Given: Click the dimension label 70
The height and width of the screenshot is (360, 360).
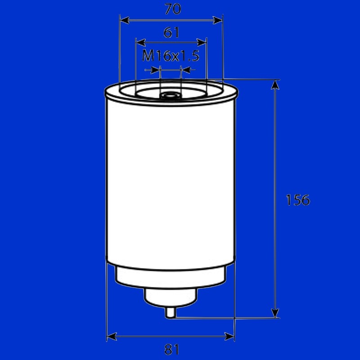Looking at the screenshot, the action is click(x=173, y=9).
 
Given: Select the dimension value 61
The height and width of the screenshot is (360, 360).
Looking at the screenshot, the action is click(x=171, y=32).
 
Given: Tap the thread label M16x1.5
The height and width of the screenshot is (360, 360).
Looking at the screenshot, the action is click(x=171, y=55).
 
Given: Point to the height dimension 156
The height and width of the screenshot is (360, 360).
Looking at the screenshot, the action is click(x=298, y=200).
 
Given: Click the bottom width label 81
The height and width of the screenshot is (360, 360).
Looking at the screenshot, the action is click(x=172, y=350).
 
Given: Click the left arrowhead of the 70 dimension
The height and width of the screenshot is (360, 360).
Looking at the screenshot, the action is click(x=125, y=20).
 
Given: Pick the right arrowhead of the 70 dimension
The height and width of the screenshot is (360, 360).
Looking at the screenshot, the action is click(x=218, y=20).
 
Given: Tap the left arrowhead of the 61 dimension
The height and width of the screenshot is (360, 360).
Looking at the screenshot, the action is click(x=141, y=42).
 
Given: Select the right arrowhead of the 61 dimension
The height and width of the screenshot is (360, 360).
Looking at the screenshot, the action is click(x=202, y=42).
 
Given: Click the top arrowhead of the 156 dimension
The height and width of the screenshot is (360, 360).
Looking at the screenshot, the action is click(x=275, y=85).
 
